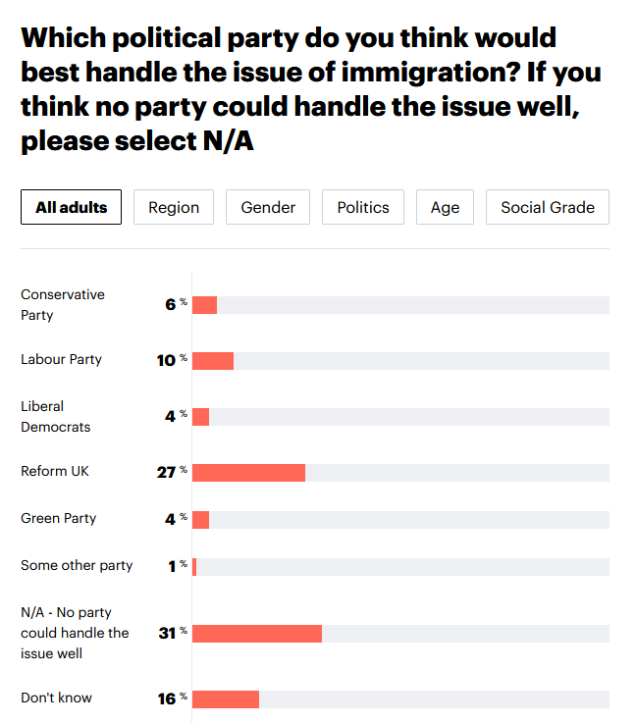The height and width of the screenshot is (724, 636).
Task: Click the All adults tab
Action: tap(72, 207)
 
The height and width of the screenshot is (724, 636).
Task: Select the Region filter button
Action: tap(174, 207)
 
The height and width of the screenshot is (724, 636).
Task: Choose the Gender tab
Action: tap(268, 207)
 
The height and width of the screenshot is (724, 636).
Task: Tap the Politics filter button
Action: tap(363, 207)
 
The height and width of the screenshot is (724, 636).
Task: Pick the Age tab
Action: tap(445, 207)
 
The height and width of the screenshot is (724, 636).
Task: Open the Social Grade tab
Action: tap(548, 207)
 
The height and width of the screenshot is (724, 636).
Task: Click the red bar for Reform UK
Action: tap(249, 473)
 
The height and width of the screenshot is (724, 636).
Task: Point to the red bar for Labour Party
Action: tap(213, 361)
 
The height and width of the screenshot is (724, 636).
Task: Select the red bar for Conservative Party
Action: tap(204, 305)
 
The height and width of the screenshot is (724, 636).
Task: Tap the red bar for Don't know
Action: tap(226, 698)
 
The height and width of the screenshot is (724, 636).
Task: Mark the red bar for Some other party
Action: tap(194, 566)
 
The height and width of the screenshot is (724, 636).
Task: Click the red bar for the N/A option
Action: tap(257, 633)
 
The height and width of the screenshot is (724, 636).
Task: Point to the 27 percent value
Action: tap(168, 472)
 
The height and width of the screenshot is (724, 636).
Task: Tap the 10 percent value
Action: tap(168, 360)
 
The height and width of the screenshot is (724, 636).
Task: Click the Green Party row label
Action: tap(59, 518)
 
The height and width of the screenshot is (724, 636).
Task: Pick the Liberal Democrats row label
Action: tap(56, 417)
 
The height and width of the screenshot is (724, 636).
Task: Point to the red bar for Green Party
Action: tap(201, 519)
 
